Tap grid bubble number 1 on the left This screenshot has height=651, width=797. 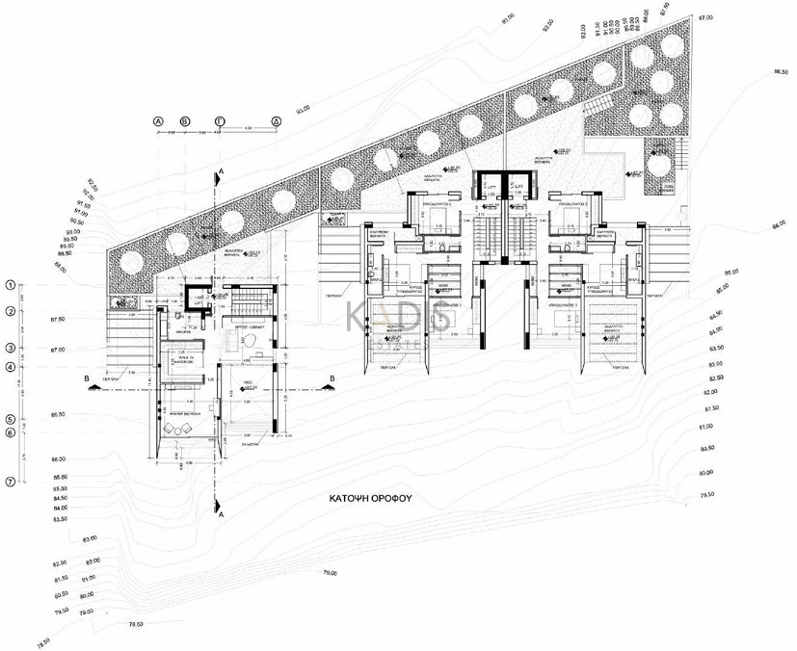[x=11, y=285]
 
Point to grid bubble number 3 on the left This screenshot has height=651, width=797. [x=11, y=348]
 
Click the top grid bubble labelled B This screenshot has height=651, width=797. [x=186, y=121]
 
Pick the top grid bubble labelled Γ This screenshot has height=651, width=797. [x=220, y=121]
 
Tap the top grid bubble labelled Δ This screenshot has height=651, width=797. [x=276, y=121]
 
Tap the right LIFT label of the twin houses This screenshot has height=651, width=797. [x=518, y=185]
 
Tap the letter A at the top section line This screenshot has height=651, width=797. [x=221, y=169]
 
